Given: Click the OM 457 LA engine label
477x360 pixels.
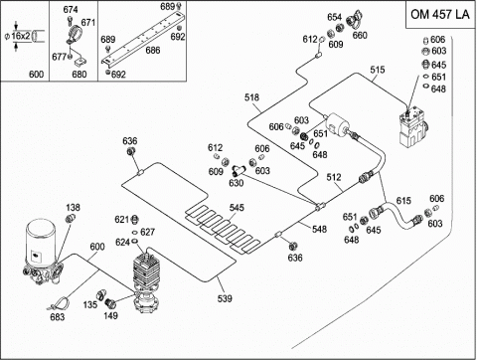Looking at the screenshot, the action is tap(440, 14).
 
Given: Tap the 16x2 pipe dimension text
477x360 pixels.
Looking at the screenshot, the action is tap(21, 36).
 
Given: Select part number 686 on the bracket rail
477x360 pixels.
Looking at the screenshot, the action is tap(153, 50).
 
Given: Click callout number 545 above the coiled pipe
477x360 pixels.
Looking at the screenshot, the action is tap(237, 208).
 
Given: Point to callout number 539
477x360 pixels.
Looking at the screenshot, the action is tap(225, 298).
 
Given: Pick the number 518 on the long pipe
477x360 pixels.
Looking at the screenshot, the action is tap(251, 97).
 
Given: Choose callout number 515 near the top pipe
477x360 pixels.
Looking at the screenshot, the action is tap(378, 70).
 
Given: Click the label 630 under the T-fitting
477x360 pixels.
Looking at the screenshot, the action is tap(237, 183).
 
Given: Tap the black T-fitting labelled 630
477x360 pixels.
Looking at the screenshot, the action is tap(238, 171).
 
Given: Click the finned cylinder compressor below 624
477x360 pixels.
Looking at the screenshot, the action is tap(146, 281).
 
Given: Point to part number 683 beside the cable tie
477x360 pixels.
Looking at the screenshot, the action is tap(57, 317).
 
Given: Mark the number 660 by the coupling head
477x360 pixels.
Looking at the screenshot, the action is tap(360, 35).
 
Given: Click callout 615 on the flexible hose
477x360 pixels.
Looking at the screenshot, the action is tap(403, 201).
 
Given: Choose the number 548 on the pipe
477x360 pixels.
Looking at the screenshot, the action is tap(319, 229).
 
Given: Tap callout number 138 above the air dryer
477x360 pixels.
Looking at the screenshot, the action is tap(73, 208).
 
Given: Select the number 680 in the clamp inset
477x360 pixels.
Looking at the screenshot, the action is tap(79, 74).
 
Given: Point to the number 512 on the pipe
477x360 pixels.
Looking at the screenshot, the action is tap(334, 177).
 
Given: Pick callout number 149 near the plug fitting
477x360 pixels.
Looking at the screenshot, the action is tap(110, 315).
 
